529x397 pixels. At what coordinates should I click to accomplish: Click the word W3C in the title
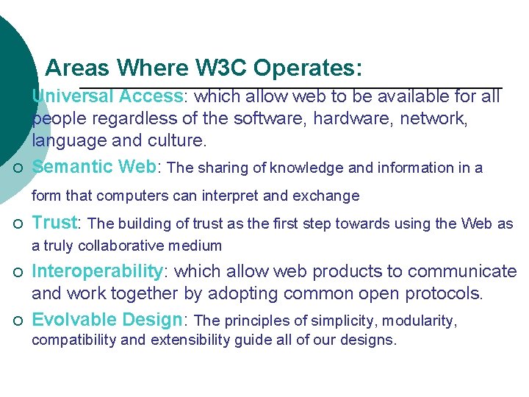[222, 68]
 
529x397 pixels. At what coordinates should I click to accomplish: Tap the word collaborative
[121, 246]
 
